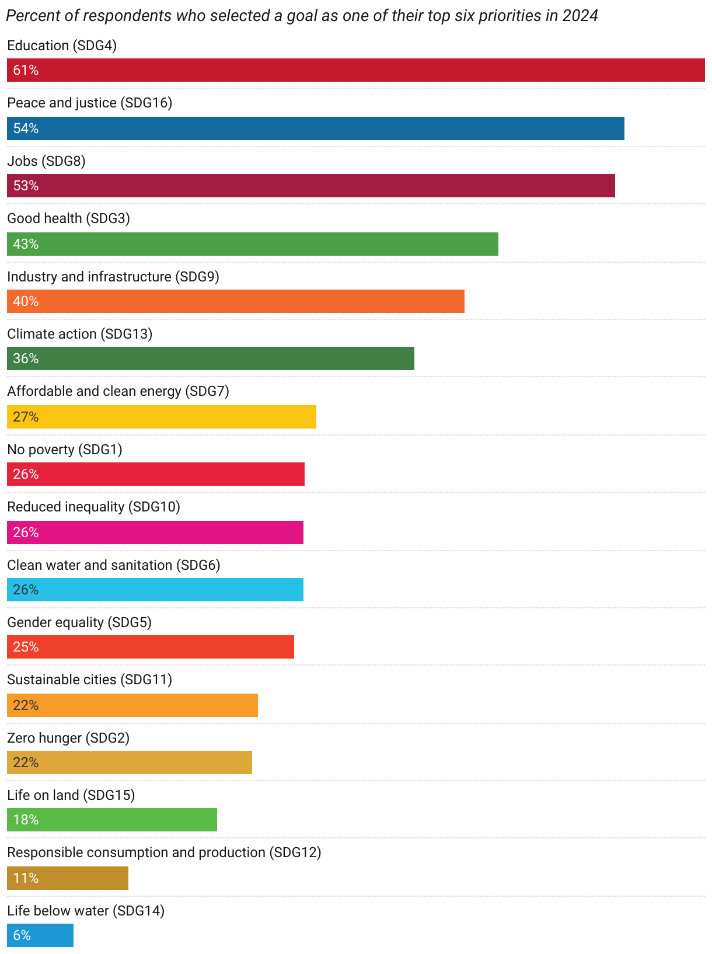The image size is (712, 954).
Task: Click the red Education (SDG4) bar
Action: tap(356, 70)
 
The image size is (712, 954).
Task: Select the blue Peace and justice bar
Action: tap(316, 128)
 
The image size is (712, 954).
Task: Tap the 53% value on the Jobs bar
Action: tap(26, 186)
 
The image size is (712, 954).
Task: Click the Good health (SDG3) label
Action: tap(68, 218)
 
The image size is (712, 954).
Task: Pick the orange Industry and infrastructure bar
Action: tap(236, 301)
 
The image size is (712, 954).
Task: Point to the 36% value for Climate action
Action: tap(26, 358)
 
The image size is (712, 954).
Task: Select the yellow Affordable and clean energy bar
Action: tap(162, 417)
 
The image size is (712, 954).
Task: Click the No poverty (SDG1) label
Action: tap(64, 450)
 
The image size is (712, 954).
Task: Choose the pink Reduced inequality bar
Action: tap(155, 532)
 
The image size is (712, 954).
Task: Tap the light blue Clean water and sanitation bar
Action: tap(155, 590)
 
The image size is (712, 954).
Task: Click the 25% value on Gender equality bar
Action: tap(26, 647)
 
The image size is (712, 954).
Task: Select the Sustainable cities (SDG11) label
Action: tap(89, 680)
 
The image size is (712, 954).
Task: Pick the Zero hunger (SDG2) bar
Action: tap(130, 762)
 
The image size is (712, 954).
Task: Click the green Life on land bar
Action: tap(112, 820)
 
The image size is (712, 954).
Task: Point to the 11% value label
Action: tap(26, 878)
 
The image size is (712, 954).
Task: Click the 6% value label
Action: tap(22, 935)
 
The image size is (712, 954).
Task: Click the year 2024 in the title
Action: tap(580, 15)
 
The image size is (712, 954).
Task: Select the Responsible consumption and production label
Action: tap(164, 852)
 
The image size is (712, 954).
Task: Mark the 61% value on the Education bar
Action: tap(26, 70)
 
